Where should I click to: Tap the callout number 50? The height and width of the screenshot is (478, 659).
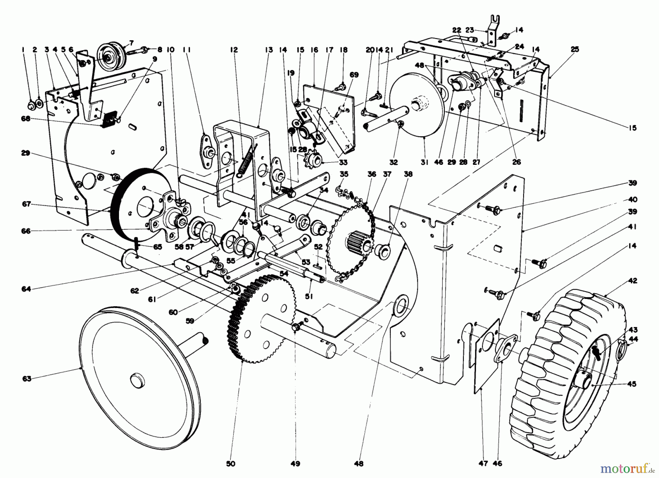(x=231, y=463)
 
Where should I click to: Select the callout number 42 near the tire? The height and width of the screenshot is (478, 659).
(x=633, y=281)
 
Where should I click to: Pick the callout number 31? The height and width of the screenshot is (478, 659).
(x=424, y=162)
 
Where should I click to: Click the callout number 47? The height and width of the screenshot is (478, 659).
(x=483, y=463)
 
